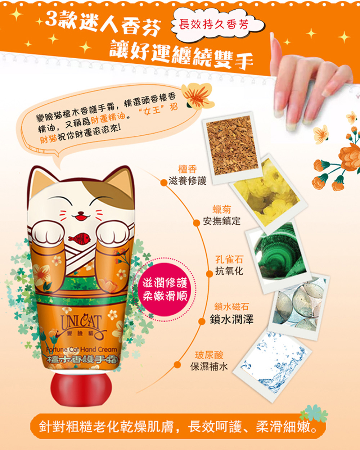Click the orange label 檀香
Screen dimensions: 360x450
coord(188,169)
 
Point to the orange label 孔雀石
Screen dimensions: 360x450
coord(229,260)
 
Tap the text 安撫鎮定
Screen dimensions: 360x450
coord(221,221)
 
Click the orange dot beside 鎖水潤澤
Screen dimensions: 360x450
coord(202,321)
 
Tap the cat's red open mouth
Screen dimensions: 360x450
coord(81,217)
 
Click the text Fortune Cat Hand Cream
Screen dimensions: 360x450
coord(82,349)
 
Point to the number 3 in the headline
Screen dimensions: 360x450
coord(51,18)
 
